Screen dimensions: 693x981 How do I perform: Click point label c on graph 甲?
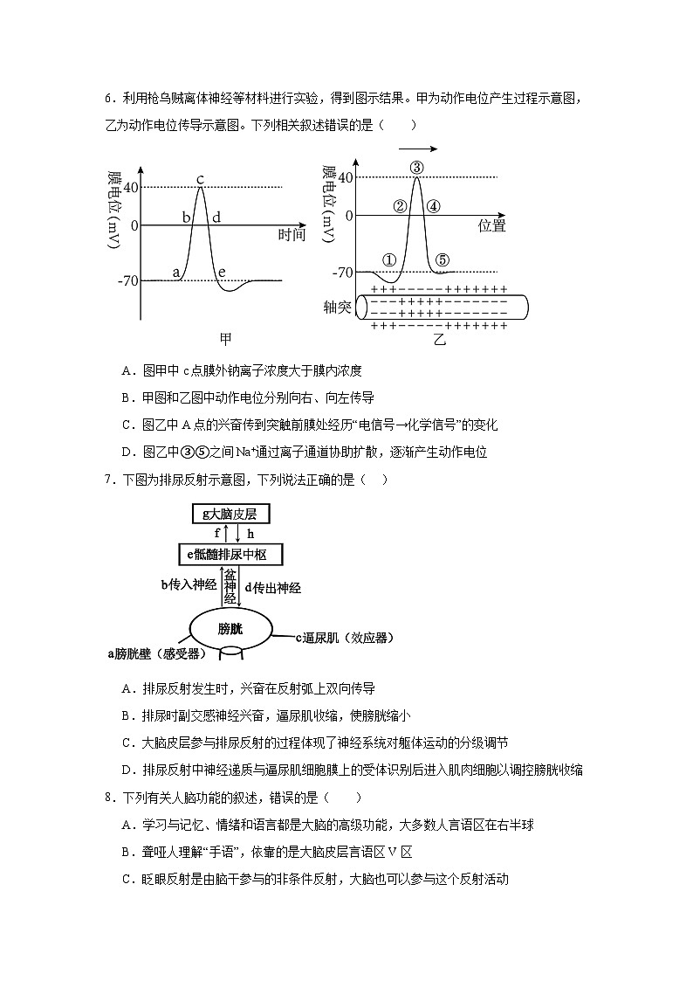pyautogui.click(x=200, y=180)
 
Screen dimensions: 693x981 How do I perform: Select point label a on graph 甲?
pyautogui.click(x=177, y=273)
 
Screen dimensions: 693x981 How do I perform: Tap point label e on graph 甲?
pyautogui.click(x=222, y=273)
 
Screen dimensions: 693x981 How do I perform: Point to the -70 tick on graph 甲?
pyautogui.click(x=127, y=280)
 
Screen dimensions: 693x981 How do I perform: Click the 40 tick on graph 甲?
pyautogui.click(x=132, y=187)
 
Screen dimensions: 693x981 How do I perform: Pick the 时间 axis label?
pyautogui.click(x=292, y=235)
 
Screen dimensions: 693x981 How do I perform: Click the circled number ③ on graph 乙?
pyautogui.click(x=416, y=168)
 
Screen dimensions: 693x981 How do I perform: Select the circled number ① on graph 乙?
pyautogui.click(x=389, y=260)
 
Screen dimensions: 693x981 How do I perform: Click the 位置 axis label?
pyautogui.click(x=492, y=226)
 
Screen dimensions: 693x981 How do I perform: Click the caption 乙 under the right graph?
pyautogui.click(x=439, y=340)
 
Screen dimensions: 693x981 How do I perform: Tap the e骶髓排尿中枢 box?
pyautogui.click(x=233, y=555)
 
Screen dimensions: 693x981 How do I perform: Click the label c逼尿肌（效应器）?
pyautogui.click(x=348, y=638)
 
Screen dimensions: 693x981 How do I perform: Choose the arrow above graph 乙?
pyautogui.click(x=416, y=149)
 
